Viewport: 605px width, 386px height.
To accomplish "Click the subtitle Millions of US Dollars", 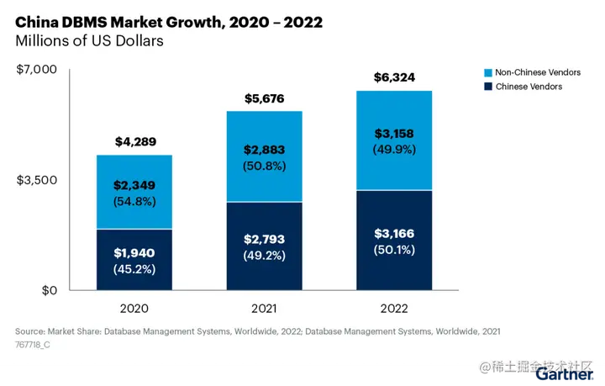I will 89,40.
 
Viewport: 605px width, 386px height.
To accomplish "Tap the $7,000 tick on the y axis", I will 37,69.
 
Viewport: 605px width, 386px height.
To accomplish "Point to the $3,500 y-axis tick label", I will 37,180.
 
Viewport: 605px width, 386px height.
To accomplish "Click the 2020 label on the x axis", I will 134,309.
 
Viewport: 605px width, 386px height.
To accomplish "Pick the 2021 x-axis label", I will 264,309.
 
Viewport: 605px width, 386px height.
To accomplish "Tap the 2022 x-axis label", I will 394,309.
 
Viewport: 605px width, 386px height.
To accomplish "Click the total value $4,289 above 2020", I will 134,141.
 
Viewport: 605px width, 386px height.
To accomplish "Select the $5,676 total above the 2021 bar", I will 264,98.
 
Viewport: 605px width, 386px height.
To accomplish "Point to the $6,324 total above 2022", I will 394,78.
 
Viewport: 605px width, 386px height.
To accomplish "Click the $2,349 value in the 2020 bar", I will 134,185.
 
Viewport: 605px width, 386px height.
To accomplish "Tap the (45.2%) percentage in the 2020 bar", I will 134,269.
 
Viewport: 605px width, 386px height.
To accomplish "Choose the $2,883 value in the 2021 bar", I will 264,150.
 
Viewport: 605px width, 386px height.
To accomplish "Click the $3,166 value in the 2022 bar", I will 394,233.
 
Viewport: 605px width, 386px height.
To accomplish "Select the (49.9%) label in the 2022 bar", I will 394,149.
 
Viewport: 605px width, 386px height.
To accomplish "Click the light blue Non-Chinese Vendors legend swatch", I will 488,73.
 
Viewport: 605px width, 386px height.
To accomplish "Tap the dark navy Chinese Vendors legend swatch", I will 488,87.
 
